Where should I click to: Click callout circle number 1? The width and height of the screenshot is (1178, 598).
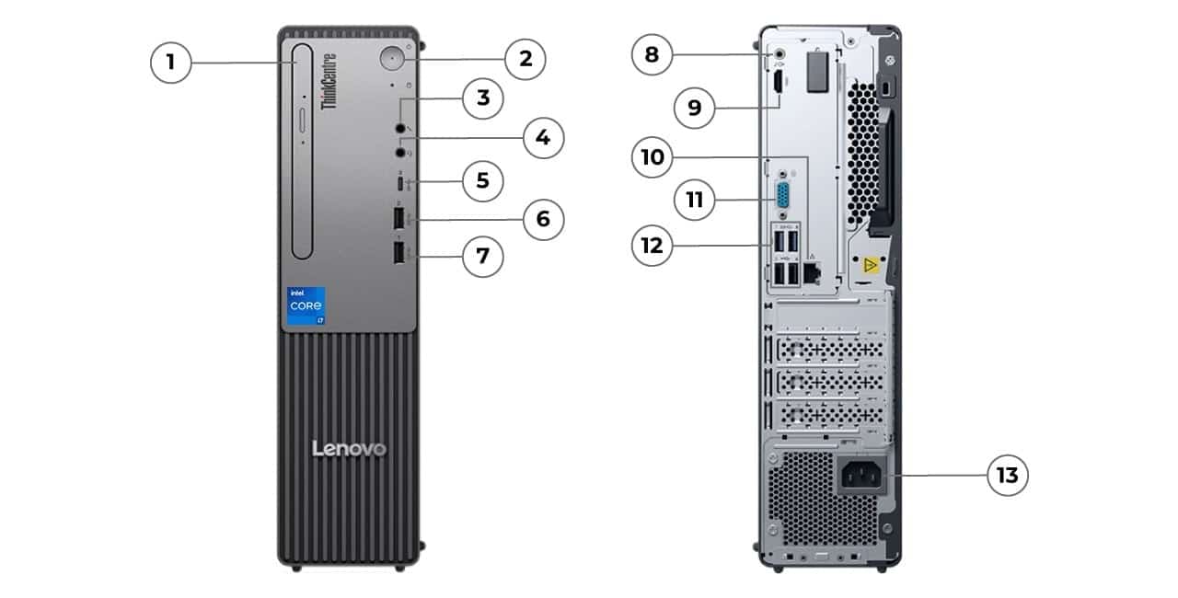pyautogui.click(x=170, y=63)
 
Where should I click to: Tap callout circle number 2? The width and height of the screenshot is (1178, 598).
pyautogui.click(x=525, y=59)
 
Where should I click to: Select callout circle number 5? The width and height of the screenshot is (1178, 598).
pyautogui.click(x=482, y=180)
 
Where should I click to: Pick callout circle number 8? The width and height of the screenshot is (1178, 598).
pyautogui.click(x=652, y=54)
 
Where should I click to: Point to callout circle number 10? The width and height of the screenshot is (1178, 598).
pyautogui.click(x=653, y=157)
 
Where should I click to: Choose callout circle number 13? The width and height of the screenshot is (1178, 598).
pyautogui.click(x=1008, y=475)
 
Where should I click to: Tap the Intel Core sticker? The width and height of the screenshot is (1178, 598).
pyautogui.click(x=306, y=305)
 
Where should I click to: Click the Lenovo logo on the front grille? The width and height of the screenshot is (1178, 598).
pyautogui.click(x=350, y=448)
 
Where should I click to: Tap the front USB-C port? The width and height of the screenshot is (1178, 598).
pyautogui.click(x=400, y=182)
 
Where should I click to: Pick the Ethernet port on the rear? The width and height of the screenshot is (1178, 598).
pyautogui.click(x=813, y=272)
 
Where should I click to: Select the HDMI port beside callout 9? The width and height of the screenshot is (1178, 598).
pyautogui.click(x=778, y=83)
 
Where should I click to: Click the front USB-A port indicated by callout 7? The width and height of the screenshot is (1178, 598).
pyautogui.click(x=399, y=253)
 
